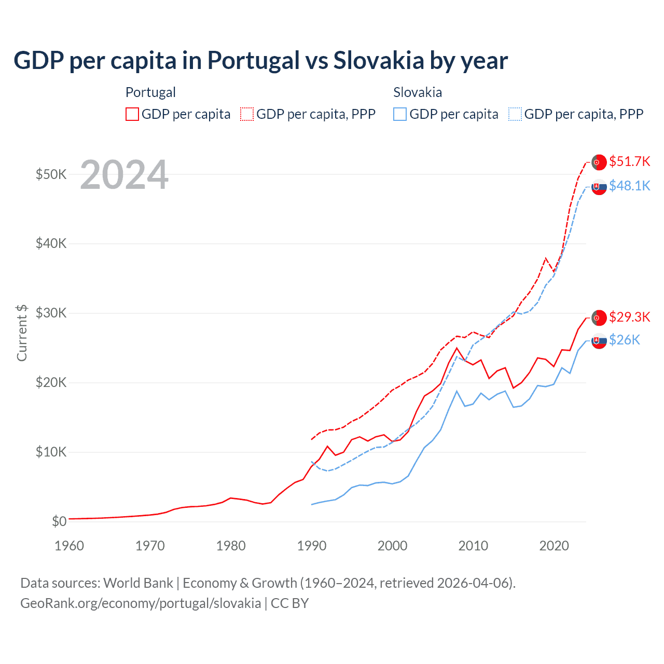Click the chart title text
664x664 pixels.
coord(260,61)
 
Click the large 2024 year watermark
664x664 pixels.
coord(124,175)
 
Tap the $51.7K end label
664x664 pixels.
coord(629,161)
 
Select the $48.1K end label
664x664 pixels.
coord(629,186)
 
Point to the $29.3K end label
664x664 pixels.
coord(629,316)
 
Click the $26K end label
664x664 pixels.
coord(625,340)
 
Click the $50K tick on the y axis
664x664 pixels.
coord(51,174)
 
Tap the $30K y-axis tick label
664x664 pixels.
coord(51,313)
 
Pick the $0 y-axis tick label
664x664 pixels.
coord(59,521)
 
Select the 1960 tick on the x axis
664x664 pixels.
coord(69,546)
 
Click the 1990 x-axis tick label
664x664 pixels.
coord(312,546)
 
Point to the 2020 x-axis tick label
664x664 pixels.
coord(554,546)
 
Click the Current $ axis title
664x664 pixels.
coord(22,333)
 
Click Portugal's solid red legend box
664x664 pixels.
coord(132,114)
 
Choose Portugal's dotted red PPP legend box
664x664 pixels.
coord(247,114)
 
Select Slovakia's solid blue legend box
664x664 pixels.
coord(400,114)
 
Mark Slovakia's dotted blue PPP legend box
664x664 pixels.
coord(515,114)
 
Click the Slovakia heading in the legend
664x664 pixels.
coord(418,92)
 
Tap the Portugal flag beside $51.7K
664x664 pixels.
coord(599,162)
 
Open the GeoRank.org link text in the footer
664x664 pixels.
coord(141,603)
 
